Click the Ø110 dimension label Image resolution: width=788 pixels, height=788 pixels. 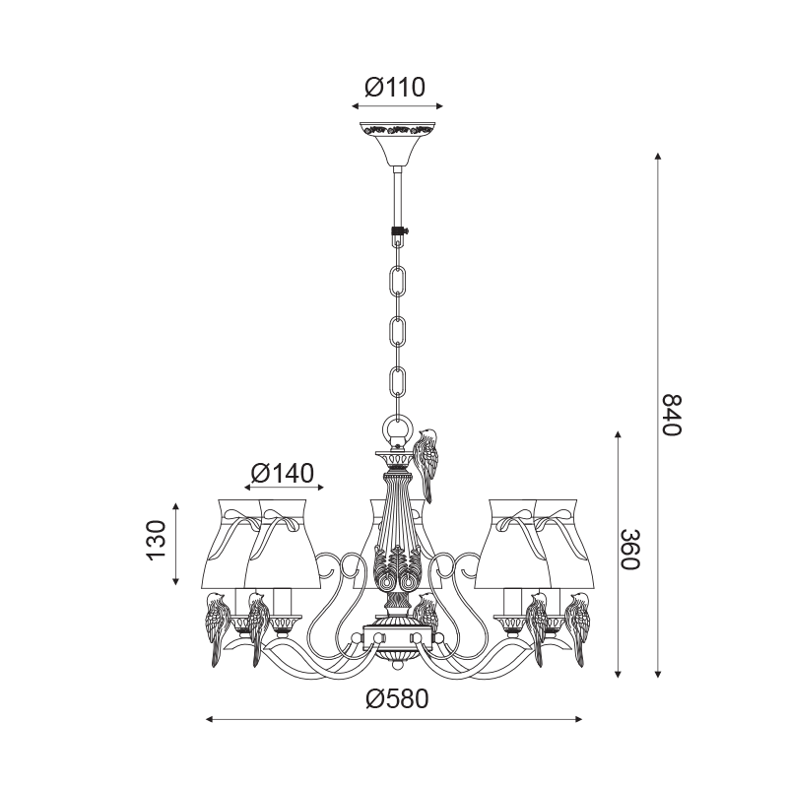[395, 87]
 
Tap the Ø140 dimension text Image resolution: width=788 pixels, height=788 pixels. [283, 473]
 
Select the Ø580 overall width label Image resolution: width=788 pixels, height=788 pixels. [398, 698]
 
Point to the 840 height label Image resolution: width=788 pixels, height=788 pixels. [672, 415]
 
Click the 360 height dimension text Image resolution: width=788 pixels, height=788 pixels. [629, 550]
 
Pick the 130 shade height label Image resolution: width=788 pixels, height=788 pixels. [156, 540]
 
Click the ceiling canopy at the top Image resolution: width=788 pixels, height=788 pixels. [397, 144]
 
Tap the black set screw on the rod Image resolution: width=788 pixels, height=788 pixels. [399, 231]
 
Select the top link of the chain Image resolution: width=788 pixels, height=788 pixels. [398, 281]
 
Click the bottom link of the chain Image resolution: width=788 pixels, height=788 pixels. [398, 382]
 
